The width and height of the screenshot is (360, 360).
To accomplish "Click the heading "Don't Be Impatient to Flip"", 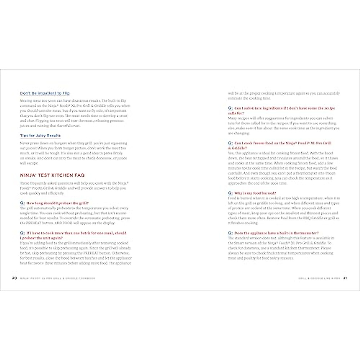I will coord(45,93).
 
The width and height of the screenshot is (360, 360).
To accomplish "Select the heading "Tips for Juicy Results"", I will coord(40,136).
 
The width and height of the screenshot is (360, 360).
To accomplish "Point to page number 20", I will coord(14,278).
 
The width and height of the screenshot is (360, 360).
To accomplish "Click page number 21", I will coord(345,278).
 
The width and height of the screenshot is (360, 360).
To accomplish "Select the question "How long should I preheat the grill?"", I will coord(57,203).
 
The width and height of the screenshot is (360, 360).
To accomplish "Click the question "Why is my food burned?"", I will coord(255,193).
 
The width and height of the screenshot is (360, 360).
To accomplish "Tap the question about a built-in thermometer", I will coord(276,233).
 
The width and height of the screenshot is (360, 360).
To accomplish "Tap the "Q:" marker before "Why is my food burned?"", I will coord(230,193).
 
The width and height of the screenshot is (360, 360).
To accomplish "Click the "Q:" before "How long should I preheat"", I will coord(22,203).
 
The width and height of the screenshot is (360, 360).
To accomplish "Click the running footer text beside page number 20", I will coord(57,278).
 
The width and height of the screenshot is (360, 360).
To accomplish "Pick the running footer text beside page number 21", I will coord(319,278).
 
